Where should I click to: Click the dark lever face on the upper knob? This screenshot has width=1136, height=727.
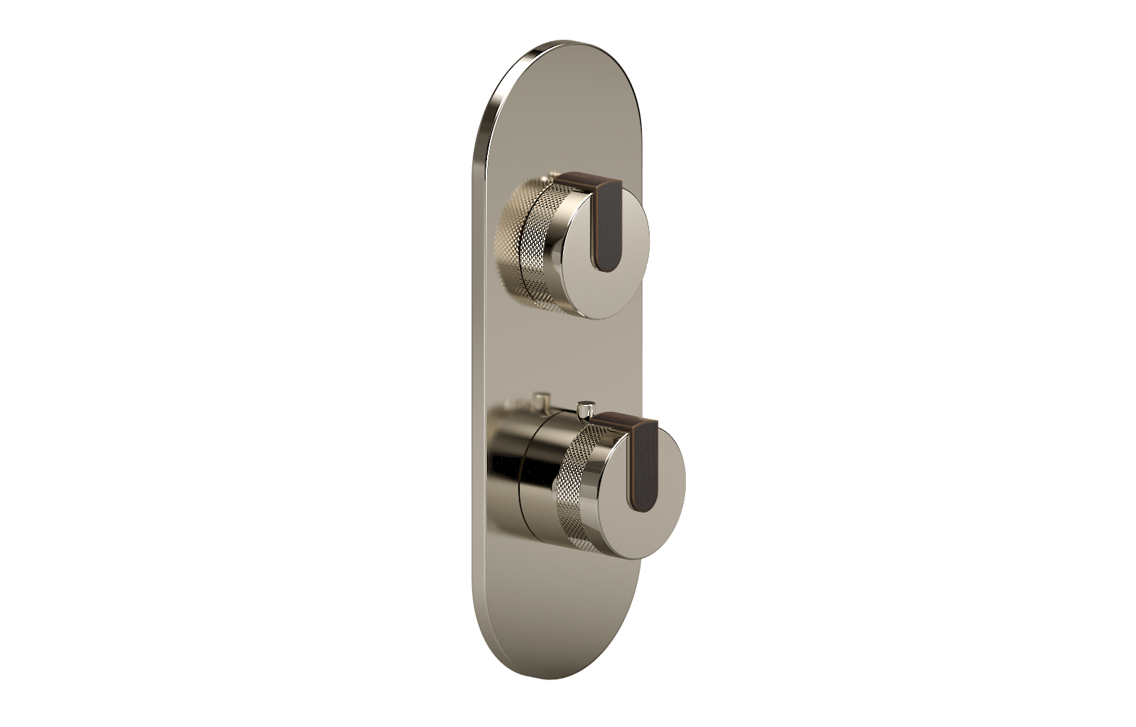click(609, 234)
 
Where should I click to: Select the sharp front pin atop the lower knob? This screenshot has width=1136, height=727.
click(586, 410)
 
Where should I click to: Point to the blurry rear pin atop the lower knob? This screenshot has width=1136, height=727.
click(544, 398)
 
